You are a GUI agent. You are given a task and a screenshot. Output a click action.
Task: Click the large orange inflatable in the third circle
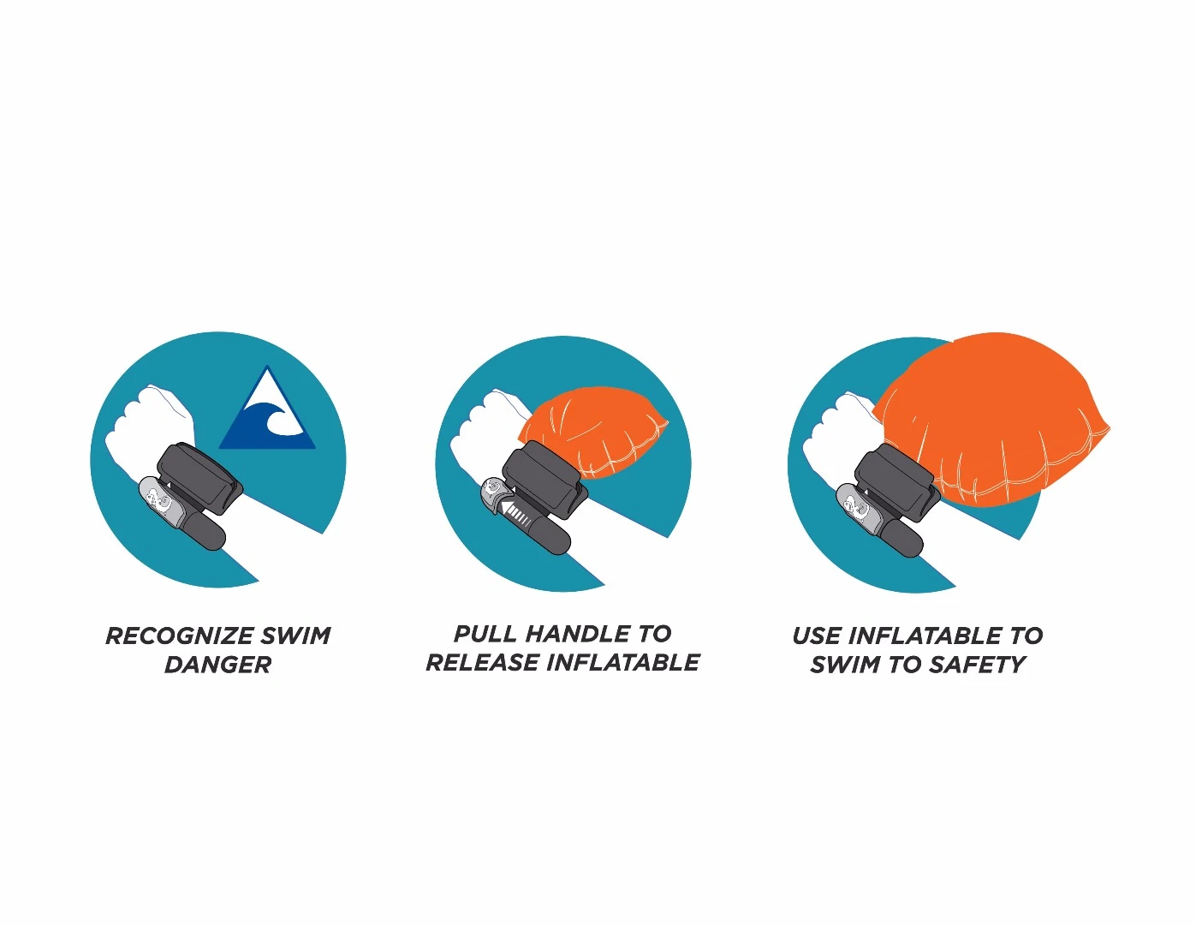[x=991, y=419]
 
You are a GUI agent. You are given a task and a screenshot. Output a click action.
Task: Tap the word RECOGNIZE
[x=180, y=636]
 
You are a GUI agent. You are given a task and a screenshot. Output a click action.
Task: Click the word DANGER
[x=218, y=665]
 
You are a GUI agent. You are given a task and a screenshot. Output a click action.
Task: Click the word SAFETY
[x=976, y=665]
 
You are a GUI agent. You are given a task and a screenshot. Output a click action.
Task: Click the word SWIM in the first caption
[x=296, y=636]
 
